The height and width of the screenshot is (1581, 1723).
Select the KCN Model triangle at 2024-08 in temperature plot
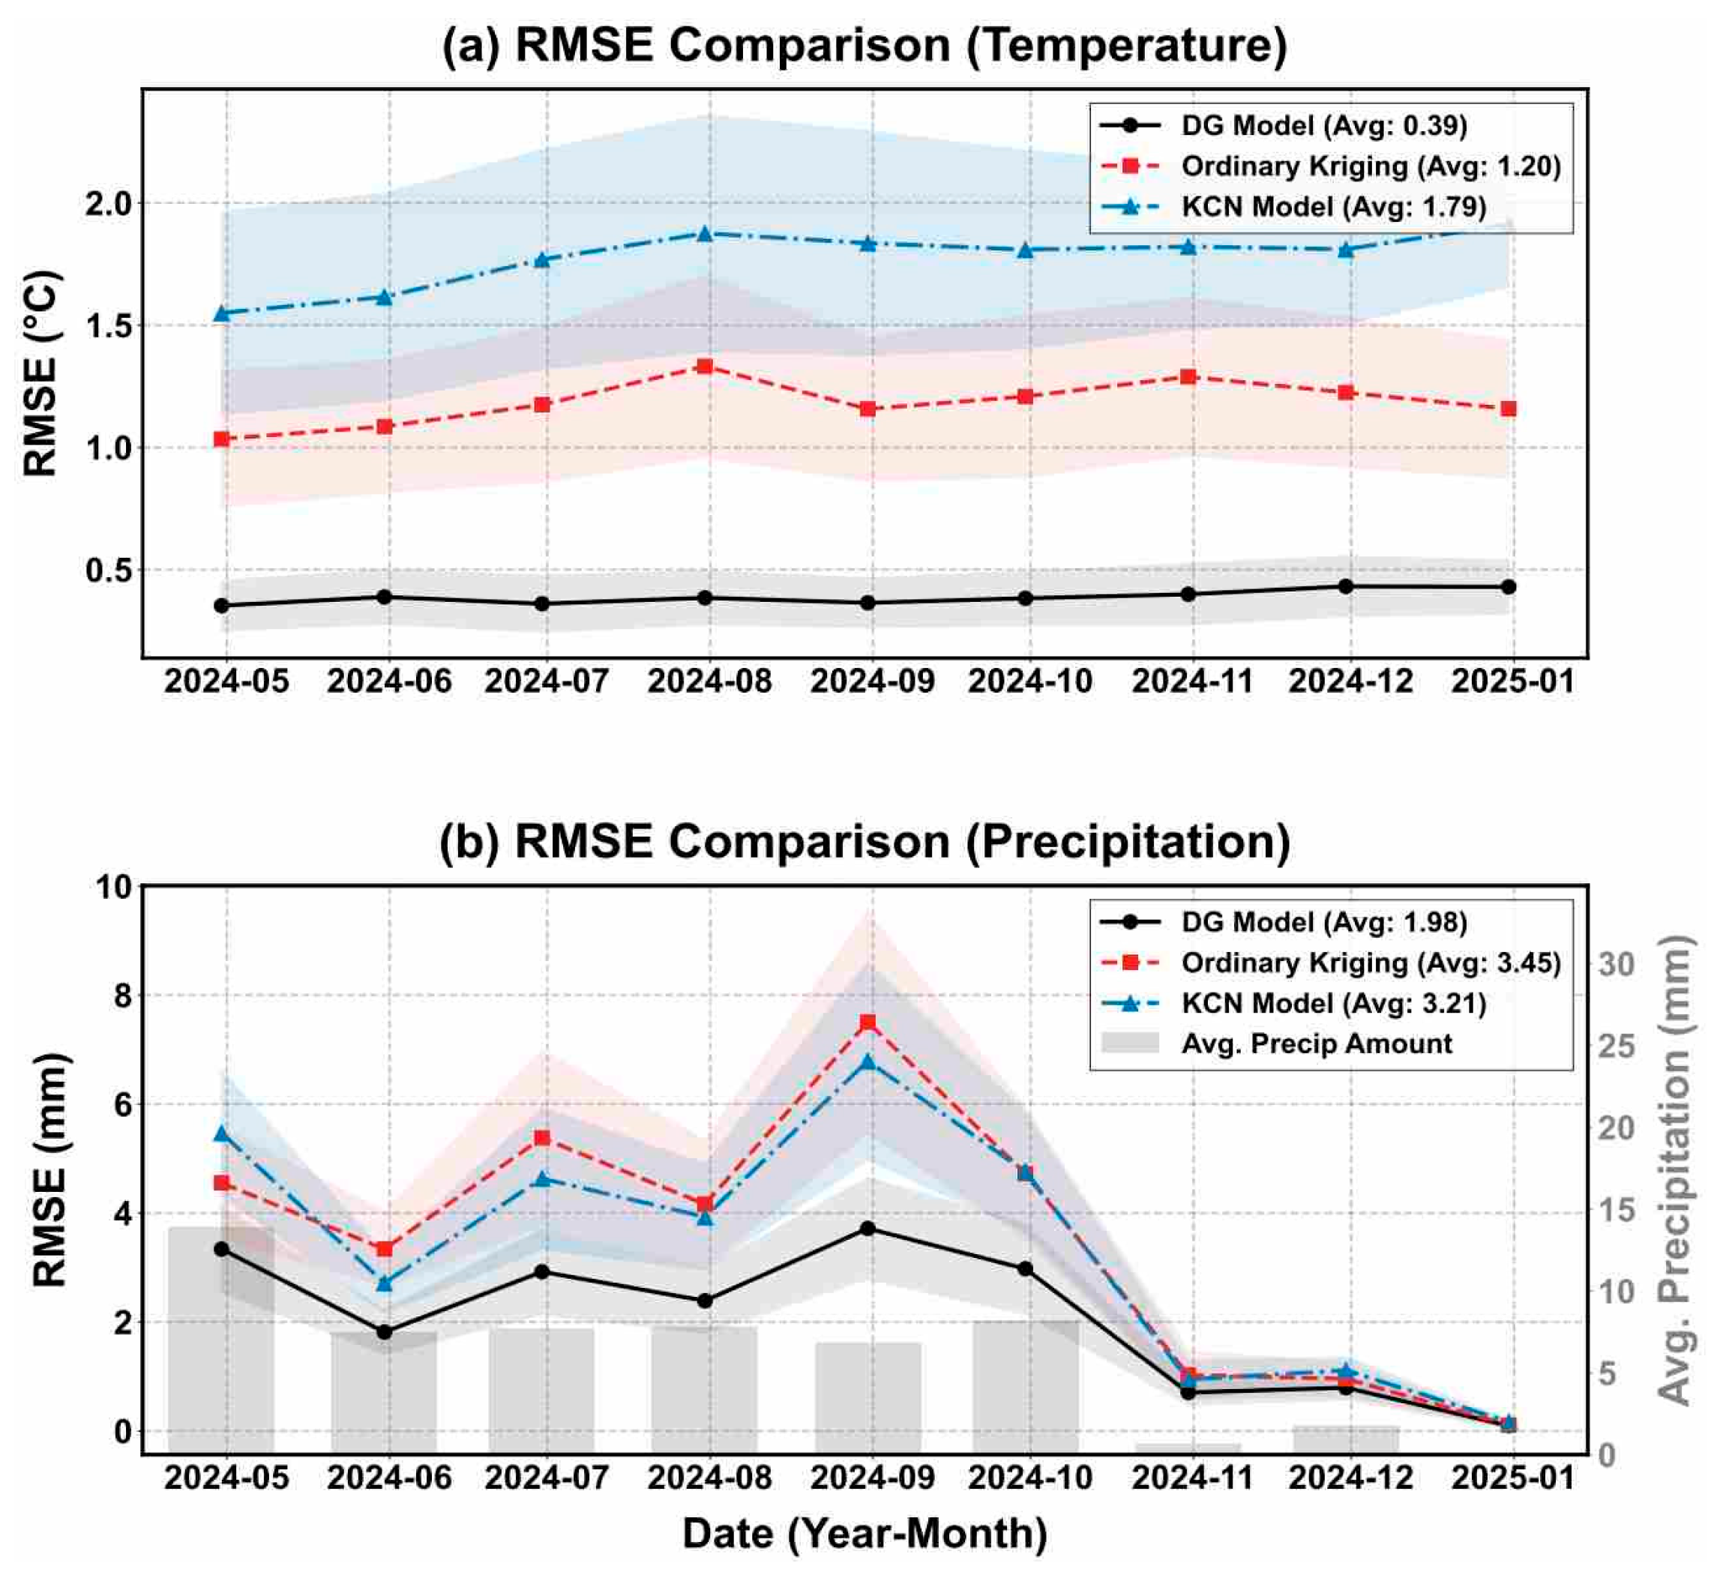(x=706, y=234)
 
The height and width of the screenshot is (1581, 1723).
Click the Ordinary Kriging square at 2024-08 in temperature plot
(x=705, y=366)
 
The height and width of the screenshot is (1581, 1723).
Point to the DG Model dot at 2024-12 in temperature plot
(x=1346, y=586)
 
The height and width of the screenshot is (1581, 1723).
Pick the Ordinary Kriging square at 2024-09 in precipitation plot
(x=867, y=1023)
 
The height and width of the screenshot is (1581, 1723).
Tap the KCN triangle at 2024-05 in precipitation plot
(x=223, y=1133)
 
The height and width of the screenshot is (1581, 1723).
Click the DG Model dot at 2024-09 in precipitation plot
(x=867, y=1229)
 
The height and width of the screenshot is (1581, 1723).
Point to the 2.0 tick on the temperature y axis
(x=108, y=204)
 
